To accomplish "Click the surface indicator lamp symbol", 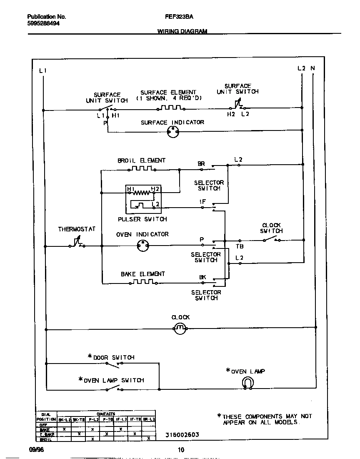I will pyautogui.click(x=172, y=132).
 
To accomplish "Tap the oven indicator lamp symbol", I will pyautogui.click(x=143, y=246).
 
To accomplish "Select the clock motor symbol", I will pyautogui.click(x=180, y=329).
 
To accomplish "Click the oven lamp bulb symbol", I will pyautogui.click(x=248, y=383).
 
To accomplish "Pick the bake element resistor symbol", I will pyautogui.click(x=142, y=282).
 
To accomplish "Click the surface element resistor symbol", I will pyautogui.click(x=170, y=108).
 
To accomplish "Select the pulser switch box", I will pyautogui.click(x=143, y=198).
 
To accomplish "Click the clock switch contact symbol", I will pyautogui.click(x=271, y=240).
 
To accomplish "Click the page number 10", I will pyautogui.click(x=180, y=450).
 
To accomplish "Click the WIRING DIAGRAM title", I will pyautogui.click(x=182, y=31).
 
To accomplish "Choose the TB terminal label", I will pyautogui.click(x=240, y=246).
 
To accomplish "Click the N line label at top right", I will pyautogui.click(x=312, y=68).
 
